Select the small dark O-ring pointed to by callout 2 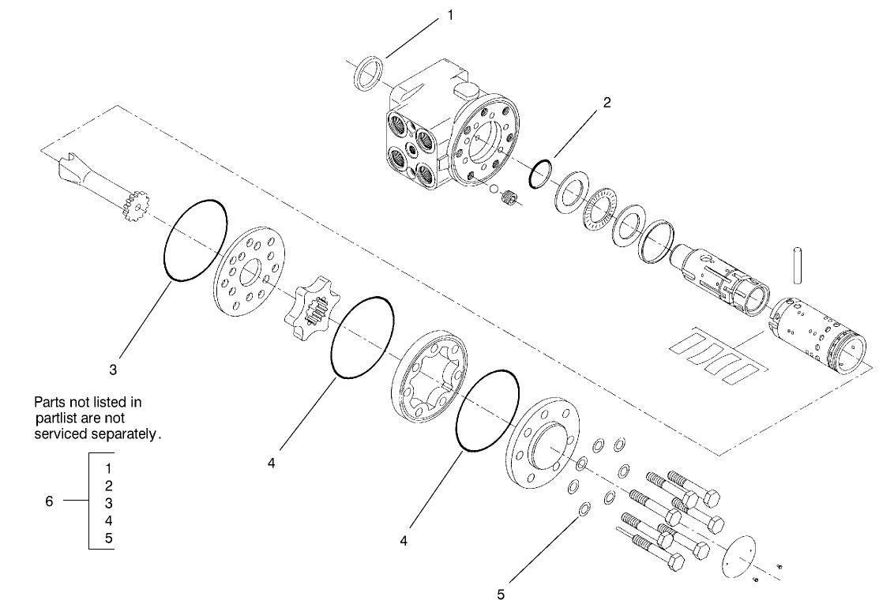[x=539, y=175]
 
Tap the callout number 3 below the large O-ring [x=114, y=369]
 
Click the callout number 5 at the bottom [x=500, y=593]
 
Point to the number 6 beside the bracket [x=49, y=501]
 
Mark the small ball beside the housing [x=493, y=189]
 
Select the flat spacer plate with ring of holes [x=246, y=273]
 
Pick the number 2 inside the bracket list [x=108, y=486]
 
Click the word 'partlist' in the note [x=61, y=418]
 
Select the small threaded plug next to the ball [x=511, y=201]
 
